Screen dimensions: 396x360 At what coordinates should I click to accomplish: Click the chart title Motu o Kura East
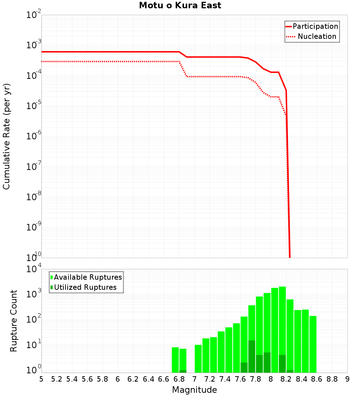point(180,6)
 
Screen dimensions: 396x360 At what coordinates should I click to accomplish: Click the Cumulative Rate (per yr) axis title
point(6,136)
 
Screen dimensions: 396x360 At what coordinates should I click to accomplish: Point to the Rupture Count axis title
point(14,321)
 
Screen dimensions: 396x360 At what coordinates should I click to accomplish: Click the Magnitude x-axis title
point(194,390)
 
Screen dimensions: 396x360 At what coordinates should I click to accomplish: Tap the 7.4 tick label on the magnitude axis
point(225,379)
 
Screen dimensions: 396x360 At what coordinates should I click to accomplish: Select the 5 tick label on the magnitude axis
point(41,379)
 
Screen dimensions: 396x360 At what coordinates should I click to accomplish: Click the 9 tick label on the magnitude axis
point(347,379)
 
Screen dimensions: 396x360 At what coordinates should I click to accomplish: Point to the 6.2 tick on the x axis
point(133,379)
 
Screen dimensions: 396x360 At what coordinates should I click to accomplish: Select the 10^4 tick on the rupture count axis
point(35,269)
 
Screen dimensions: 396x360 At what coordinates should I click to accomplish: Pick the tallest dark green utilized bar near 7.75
point(252,356)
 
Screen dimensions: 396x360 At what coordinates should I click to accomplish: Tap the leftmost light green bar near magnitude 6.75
point(175,360)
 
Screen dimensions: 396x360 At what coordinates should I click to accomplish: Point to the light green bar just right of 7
point(198,359)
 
